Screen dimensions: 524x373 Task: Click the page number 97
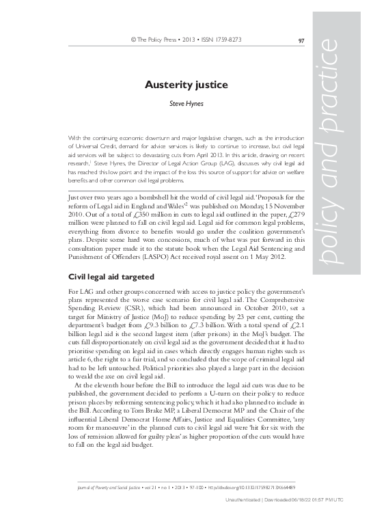pyautogui.click(x=302, y=40)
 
